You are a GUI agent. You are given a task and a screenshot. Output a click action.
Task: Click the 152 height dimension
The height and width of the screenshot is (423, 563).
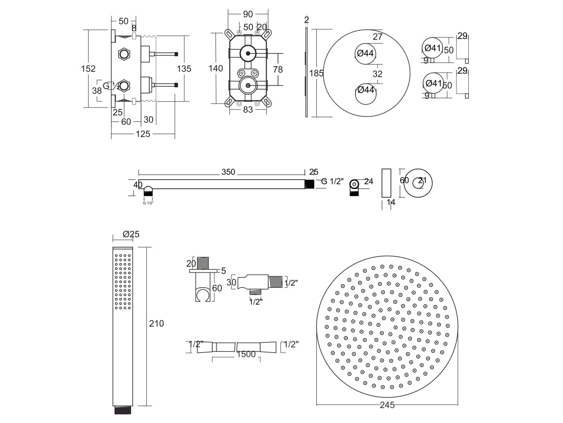(89, 69)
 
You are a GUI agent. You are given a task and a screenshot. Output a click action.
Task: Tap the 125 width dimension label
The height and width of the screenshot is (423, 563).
(143, 134)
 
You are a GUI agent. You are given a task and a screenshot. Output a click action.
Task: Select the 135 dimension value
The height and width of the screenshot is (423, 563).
(184, 69)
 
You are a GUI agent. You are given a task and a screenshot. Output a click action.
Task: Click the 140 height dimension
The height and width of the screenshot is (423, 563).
(216, 68)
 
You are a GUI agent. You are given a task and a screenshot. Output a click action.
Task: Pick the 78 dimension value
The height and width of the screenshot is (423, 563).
(277, 69)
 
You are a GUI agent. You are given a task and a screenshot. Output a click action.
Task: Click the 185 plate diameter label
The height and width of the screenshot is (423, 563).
(316, 73)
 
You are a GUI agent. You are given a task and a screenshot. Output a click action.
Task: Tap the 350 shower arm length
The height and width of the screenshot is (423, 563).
(228, 172)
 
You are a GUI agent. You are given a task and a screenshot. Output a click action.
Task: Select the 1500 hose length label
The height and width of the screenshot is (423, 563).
(246, 354)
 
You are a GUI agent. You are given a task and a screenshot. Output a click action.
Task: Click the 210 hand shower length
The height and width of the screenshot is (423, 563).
(156, 324)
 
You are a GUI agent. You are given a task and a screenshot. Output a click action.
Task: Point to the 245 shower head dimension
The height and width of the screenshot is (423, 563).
(387, 405)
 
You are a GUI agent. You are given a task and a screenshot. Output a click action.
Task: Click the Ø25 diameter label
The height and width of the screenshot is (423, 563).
(131, 234)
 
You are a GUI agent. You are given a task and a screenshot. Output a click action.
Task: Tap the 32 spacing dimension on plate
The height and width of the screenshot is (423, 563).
(378, 74)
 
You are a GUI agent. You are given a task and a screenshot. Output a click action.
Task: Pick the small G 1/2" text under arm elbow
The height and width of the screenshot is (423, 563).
(147, 203)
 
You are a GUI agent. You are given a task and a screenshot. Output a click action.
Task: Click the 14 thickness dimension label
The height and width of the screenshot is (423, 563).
(391, 203)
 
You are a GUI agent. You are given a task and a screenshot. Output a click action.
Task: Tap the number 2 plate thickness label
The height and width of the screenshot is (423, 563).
(306, 20)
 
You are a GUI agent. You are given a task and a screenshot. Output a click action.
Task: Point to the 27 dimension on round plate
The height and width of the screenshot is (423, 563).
(378, 37)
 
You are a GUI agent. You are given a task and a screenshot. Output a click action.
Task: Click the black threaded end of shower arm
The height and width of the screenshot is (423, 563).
(309, 184)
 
